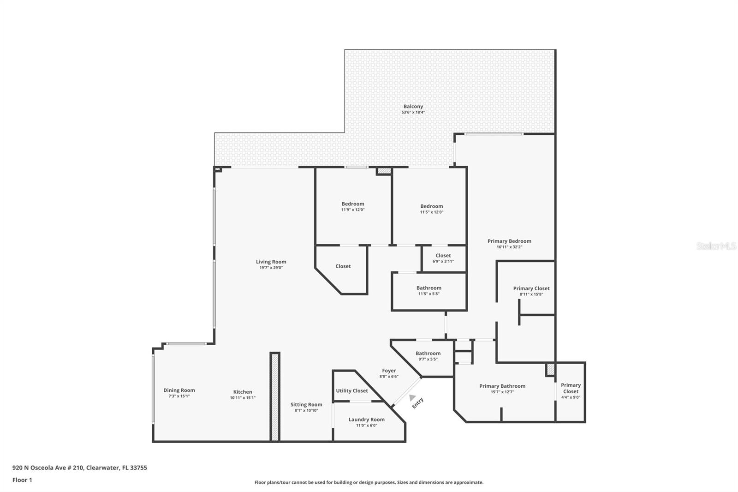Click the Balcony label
413,107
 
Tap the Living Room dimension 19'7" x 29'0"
271,268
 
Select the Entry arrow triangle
411,397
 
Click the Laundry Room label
366,420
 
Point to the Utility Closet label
351,391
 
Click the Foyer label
389,371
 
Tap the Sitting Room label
306,405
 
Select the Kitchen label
242,392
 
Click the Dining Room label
179,390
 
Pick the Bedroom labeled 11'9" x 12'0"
353,204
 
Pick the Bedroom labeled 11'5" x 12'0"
431,206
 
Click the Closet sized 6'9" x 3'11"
443,256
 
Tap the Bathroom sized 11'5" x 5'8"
429,288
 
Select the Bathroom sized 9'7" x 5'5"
428,354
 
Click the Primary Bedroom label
509,241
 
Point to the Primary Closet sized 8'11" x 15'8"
531,288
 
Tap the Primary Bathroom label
502,386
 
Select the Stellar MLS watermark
716,246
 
